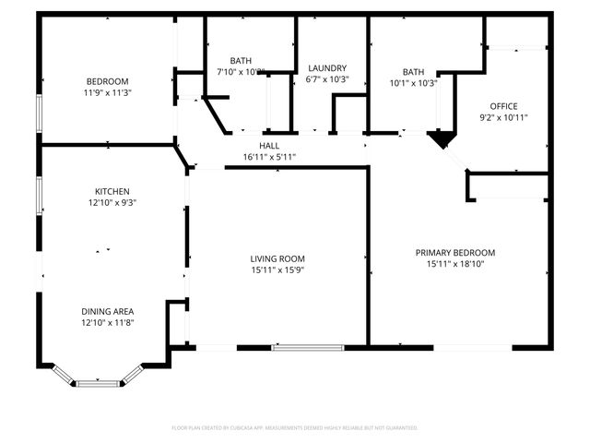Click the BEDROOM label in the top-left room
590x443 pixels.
pos(108,81)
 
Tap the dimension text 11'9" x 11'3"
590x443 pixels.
pos(108,92)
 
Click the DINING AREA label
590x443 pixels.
pos(108,311)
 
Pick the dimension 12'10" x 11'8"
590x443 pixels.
pos(108,322)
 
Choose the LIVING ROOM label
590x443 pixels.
pos(277,258)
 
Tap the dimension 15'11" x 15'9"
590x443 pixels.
pos(277,269)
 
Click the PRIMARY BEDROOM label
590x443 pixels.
pos(455,253)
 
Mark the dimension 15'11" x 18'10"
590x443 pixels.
pos(455,264)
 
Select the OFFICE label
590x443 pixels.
pos(503,106)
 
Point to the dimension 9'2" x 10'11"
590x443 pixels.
pos(503,117)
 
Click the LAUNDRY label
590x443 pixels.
pos(327,68)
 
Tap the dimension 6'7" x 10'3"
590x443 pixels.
pos(327,79)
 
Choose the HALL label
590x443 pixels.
pos(268,146)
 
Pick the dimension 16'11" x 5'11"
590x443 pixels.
pos(268,157)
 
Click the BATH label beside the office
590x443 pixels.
pos(413,72)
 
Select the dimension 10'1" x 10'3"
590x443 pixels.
pos(413,83)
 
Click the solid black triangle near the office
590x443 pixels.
pos(442,139)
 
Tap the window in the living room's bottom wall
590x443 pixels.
pos(308,347)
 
